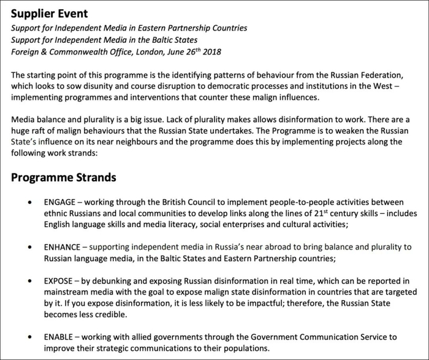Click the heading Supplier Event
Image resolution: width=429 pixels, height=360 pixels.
[x=49, y=13]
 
